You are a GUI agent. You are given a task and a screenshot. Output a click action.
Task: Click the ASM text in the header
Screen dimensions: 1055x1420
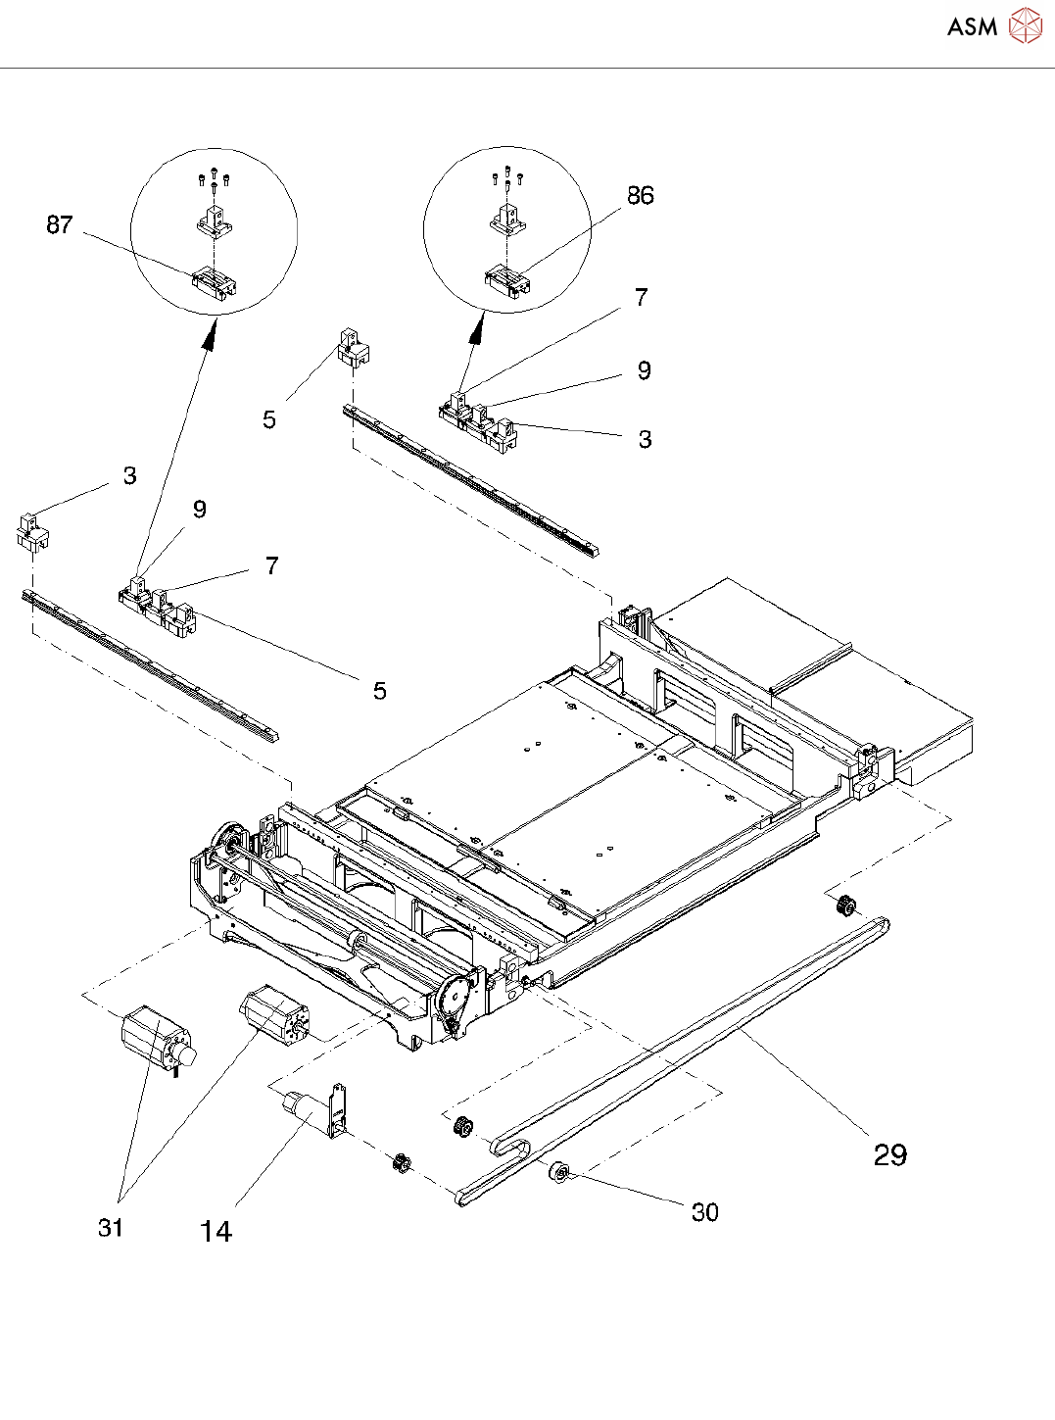coord(972,26)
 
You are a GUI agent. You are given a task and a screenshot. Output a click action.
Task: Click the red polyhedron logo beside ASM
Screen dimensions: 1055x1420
coord(1025,25)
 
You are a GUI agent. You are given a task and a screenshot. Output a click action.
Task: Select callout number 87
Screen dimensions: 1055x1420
coord(60,224)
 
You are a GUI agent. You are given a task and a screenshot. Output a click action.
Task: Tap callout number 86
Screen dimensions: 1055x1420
coord(641,195)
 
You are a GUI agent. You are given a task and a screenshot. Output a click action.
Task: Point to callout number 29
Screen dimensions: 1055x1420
coord(890,1154)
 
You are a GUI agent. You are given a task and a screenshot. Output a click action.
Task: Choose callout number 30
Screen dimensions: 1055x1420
coord(705,1212)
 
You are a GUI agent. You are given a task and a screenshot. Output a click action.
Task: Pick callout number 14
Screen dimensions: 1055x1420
coord(216,1231)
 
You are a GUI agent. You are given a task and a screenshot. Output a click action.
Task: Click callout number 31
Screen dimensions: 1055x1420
coord(110,1227)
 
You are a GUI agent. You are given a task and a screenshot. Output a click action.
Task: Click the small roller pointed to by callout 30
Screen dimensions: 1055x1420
coord(560,1173)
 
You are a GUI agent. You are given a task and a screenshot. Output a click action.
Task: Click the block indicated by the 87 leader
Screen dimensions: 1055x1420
coord(215,283)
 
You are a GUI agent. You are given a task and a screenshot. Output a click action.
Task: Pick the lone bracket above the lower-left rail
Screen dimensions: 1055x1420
coord(32,531)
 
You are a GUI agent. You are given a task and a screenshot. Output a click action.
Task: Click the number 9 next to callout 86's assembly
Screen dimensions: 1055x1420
coord(644,370)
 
